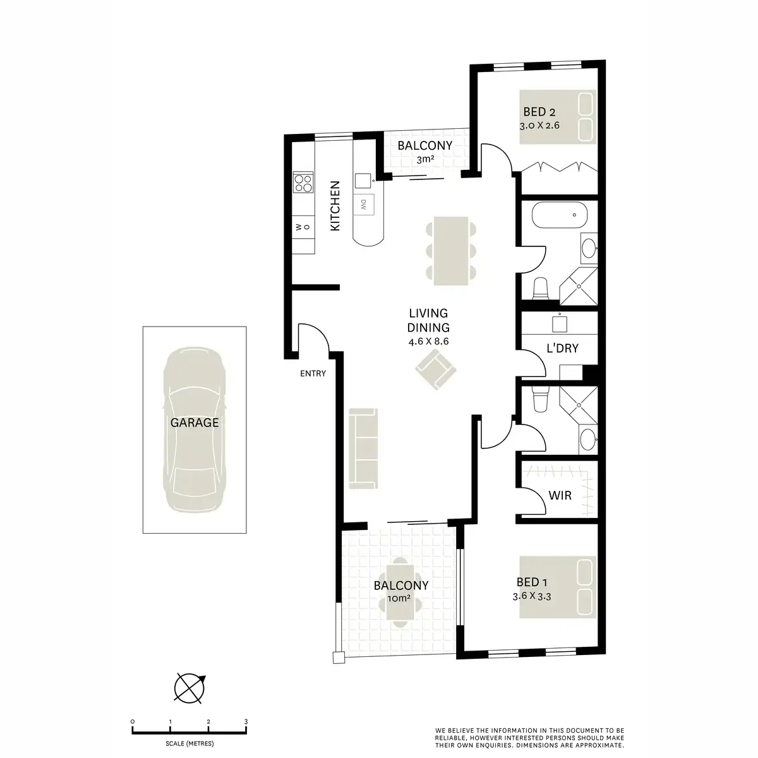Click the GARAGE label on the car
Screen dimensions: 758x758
(195, 423)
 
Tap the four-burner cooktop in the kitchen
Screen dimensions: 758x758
(304, 183)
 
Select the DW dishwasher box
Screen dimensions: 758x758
(364, 204)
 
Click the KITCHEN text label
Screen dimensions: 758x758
(336, 206)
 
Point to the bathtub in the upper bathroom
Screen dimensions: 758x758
(559, 215)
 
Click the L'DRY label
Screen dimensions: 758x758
(562, 348)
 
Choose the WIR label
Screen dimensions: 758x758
(560, 495)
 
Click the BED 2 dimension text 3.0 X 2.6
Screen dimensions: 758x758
(539, 126)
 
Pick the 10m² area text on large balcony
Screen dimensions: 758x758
(400, 599)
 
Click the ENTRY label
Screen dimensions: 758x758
(313, 373)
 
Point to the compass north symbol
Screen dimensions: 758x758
(190, 688)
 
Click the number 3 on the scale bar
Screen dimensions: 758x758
(246, 721)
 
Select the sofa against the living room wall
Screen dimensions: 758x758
(363, 448)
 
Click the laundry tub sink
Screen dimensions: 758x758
(560, 324)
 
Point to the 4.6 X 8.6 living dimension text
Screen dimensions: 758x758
(429, 341)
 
